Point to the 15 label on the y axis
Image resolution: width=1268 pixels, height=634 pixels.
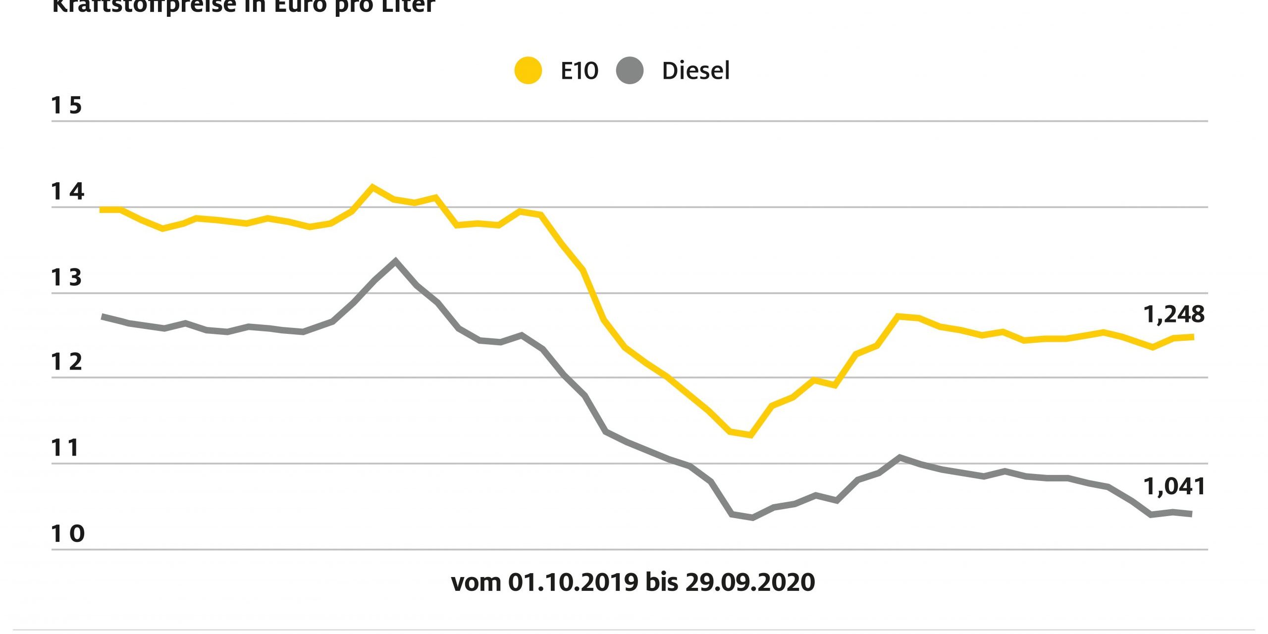pos(66,106)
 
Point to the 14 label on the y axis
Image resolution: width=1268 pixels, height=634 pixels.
pos(67,192)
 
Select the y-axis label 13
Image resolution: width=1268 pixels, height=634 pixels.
pos(66,278)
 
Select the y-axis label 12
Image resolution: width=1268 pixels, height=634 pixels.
pos(66,363)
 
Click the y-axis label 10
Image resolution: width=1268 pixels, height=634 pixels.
pos(67,534)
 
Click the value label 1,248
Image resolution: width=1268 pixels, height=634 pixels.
pos(1173,315)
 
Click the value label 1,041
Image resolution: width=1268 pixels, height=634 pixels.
pos(1173,487)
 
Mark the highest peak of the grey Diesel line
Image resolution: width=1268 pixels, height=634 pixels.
pos(395,261)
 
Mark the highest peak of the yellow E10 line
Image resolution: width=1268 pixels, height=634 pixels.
pos(372,187)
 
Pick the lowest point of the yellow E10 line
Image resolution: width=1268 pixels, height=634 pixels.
pos(751,435)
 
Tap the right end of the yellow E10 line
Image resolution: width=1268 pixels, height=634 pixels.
pos(1191,337)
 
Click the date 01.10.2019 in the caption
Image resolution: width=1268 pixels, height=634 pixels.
pos(573,582)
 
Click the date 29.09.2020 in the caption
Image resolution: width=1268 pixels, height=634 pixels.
pos(750,582)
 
